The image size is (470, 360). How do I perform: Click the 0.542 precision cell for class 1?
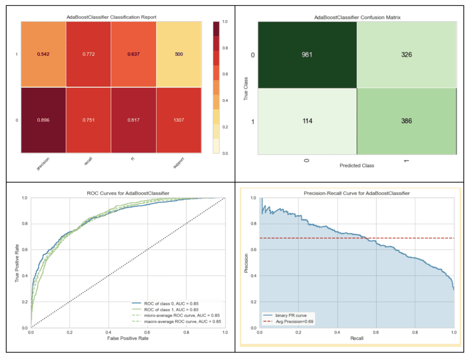[44, 54]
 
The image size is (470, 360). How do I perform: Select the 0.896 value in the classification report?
[44, 120]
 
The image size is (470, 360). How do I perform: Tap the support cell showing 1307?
[179, 120]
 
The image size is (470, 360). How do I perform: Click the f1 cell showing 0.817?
[134, 120]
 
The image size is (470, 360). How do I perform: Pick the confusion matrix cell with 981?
[307, 55]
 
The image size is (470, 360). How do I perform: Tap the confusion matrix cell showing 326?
[406, 55]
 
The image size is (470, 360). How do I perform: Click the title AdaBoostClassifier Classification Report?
[112, 17]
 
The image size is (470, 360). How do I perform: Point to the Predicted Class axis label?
[357, 165]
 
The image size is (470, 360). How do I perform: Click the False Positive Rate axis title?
[127, 338]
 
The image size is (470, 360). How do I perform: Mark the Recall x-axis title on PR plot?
[357, 338]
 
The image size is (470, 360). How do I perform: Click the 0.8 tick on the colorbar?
[224, 48]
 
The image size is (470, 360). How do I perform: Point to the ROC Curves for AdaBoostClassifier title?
[127, 193]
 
